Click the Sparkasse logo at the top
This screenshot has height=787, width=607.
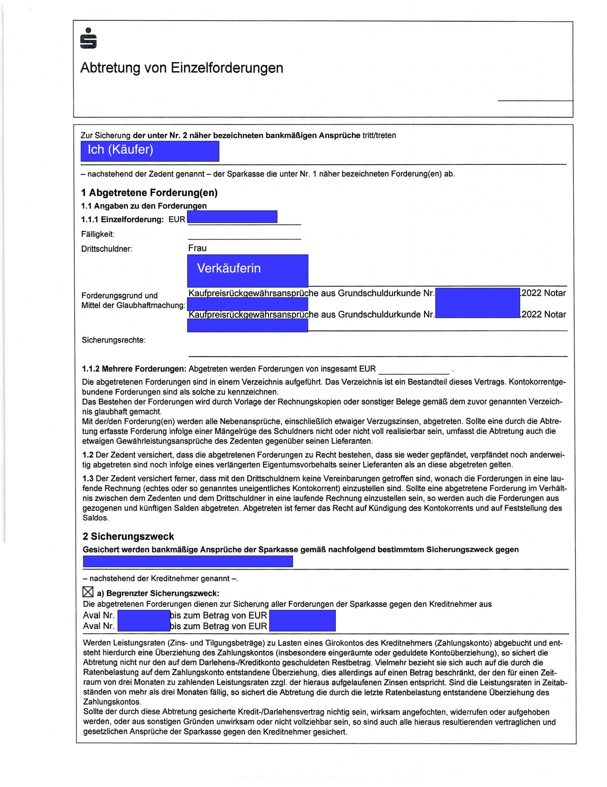point(88,38)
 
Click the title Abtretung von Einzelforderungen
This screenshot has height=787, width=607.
point(181,68)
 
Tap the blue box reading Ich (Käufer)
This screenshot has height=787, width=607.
point(150,151)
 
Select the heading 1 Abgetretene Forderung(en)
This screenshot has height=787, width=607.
point(149,193)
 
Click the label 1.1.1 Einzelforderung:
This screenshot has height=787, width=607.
point(122,219)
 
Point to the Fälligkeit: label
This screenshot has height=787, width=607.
point(98,234)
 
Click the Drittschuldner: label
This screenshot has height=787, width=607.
point(106,249)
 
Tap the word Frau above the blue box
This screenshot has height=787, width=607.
point(197,248)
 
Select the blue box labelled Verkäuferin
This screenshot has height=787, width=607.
point(247,270)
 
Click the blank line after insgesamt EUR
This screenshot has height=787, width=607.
point(413,370)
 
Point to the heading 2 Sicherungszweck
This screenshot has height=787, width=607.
point(128,537)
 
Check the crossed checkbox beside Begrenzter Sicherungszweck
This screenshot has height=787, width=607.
point(88,592)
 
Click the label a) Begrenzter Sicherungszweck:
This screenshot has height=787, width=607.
point(158,593)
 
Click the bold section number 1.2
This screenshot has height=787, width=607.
point(88,455)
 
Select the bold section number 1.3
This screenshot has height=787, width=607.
point(88,479)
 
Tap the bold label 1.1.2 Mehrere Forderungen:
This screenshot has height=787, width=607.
point(134,369)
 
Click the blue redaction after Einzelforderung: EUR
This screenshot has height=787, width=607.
point(232,217)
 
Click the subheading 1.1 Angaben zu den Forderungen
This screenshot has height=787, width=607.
point(144,206)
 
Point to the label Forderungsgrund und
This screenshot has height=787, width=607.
point(119,295)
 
